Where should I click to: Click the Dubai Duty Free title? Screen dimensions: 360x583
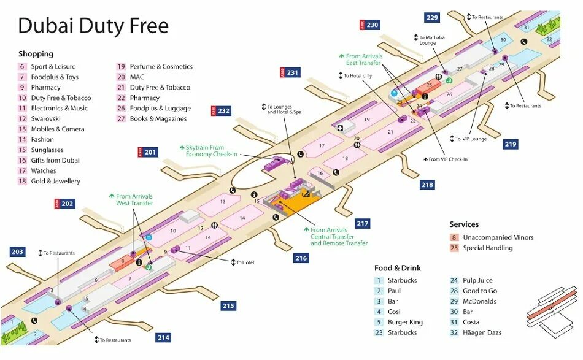tap(93, 26)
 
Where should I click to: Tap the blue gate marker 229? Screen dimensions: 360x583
tap(432, 18)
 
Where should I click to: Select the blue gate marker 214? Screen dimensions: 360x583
tap(163, 337)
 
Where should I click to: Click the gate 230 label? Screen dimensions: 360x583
tap(369, 25)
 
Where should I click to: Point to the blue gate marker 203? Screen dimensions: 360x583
tap(17, 251)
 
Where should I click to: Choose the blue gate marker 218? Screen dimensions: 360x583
tap(427, 185)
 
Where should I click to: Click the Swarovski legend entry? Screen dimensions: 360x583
tap(45, 118)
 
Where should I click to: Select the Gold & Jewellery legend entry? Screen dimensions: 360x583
tap(55, 181)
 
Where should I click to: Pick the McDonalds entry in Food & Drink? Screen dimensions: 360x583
tap(479, 301)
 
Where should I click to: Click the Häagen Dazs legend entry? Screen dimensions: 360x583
tap(482, 332)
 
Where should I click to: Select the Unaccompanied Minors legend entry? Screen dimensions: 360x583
tap(498, 237)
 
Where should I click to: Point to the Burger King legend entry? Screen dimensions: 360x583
tap(405, 322)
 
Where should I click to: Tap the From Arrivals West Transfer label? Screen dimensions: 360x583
tap(134, 200)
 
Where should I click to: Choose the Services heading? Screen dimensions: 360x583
tap(464, 224)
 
